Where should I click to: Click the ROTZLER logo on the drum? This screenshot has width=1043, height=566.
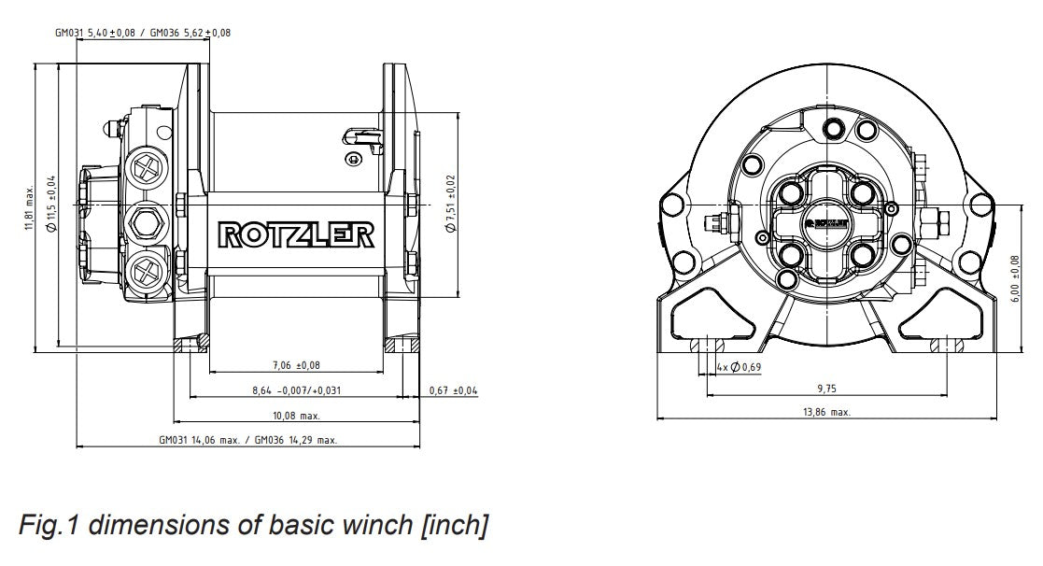click(296, 234)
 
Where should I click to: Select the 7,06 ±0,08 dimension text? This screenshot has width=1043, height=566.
click(296, 365)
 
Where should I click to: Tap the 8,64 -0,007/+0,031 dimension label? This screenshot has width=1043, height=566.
click(296, 390)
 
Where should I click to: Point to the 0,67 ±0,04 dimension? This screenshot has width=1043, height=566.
click(453, 390)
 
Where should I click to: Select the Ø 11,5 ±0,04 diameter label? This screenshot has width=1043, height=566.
click(51, 204)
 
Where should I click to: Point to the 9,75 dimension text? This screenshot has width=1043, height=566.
click(826, 388)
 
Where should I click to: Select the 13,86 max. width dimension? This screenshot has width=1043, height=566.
click(826, 412)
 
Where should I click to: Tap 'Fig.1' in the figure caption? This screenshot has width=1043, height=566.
click(49, 526)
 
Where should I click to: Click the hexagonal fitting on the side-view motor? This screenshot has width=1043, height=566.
click(147, 221)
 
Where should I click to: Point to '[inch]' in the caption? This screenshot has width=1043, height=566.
click(455, 526)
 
